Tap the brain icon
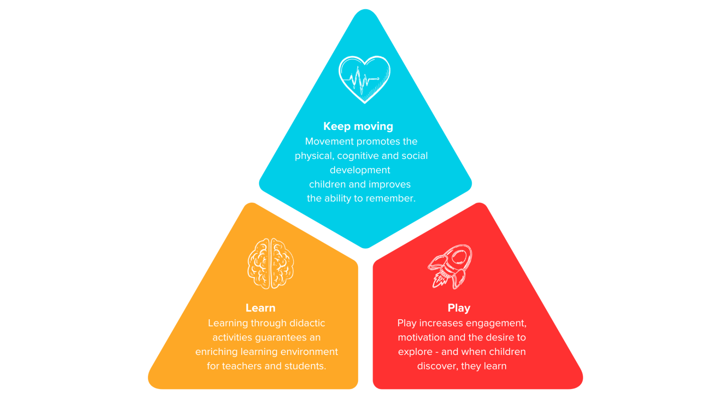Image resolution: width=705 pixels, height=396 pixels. [270, 263]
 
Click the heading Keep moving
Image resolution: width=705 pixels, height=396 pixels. [358, 126]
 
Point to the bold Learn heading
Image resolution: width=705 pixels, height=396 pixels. [260, 308]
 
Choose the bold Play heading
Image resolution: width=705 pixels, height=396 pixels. [459, 308]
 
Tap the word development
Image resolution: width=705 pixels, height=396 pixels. [360, 170]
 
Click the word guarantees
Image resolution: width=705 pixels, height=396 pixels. [280, 337]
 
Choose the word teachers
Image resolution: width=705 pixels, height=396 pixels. [242, 366]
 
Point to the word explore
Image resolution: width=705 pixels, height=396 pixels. [415, 352]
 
